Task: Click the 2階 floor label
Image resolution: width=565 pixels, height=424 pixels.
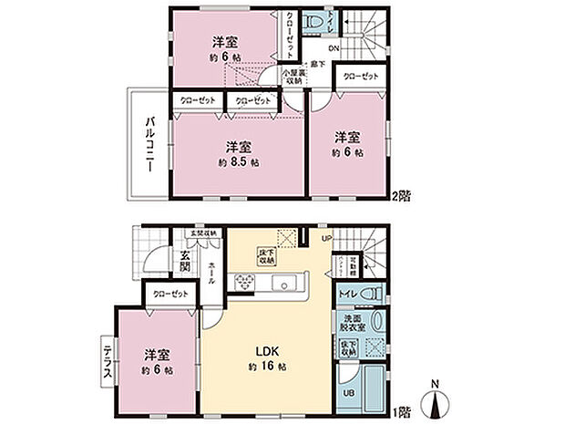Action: [x=402, y=195]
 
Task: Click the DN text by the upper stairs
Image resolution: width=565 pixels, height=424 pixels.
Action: [x=334, y=48]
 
